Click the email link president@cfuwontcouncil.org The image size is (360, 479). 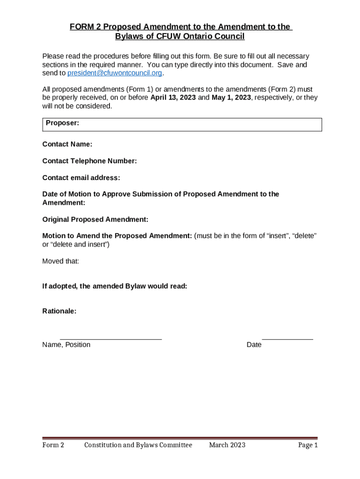[x=115, y=73]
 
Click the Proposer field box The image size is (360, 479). [x=182, y=124]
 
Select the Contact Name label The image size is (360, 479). [x=67, y=145]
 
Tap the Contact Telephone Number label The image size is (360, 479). [x=89, y=161]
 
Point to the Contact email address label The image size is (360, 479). [x=81, y=178]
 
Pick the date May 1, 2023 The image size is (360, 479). [x=231, y=97]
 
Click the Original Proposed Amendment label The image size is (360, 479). [x=95, y=219]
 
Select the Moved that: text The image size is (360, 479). [x=61, y=261]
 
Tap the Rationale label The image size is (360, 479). [x=59, y=311]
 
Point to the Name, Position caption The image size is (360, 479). [x=66, y=345]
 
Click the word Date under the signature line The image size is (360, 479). [x=254, y=345]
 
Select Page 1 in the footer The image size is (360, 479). [x=308, y=445]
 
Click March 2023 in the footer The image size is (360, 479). [x=227, y=445]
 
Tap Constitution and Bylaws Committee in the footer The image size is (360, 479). [x=138, y=445]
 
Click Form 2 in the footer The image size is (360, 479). [x=53, y=445]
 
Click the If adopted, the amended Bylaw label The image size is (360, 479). [x=115, y=286]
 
